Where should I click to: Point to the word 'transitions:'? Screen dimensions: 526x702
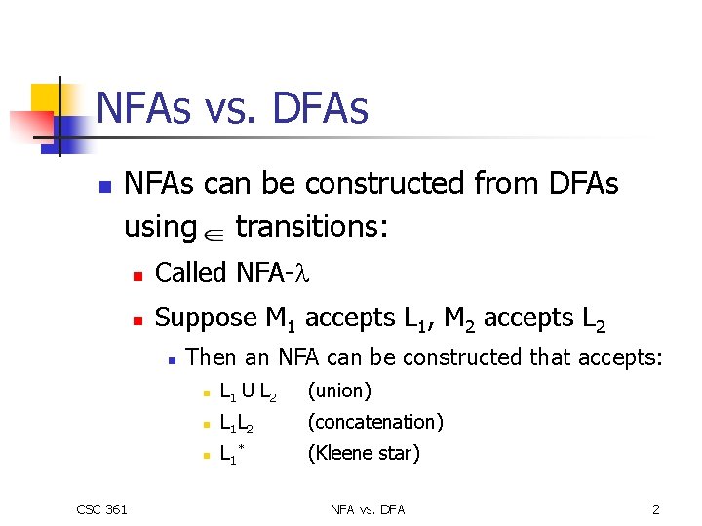[312, 227]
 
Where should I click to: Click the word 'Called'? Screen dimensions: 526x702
[191, 273]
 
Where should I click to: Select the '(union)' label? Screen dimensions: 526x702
[339, 391]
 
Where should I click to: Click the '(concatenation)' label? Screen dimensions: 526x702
[375, 422]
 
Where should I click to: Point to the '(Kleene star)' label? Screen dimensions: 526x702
[364, 453]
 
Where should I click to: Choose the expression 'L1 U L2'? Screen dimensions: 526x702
[248, 393]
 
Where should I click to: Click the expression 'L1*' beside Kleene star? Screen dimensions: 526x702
[233, 454]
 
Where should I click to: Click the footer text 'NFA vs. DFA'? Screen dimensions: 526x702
[368, 508]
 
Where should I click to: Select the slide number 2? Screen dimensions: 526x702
[655, 508]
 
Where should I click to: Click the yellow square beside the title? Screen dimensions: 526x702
[46, 98]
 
